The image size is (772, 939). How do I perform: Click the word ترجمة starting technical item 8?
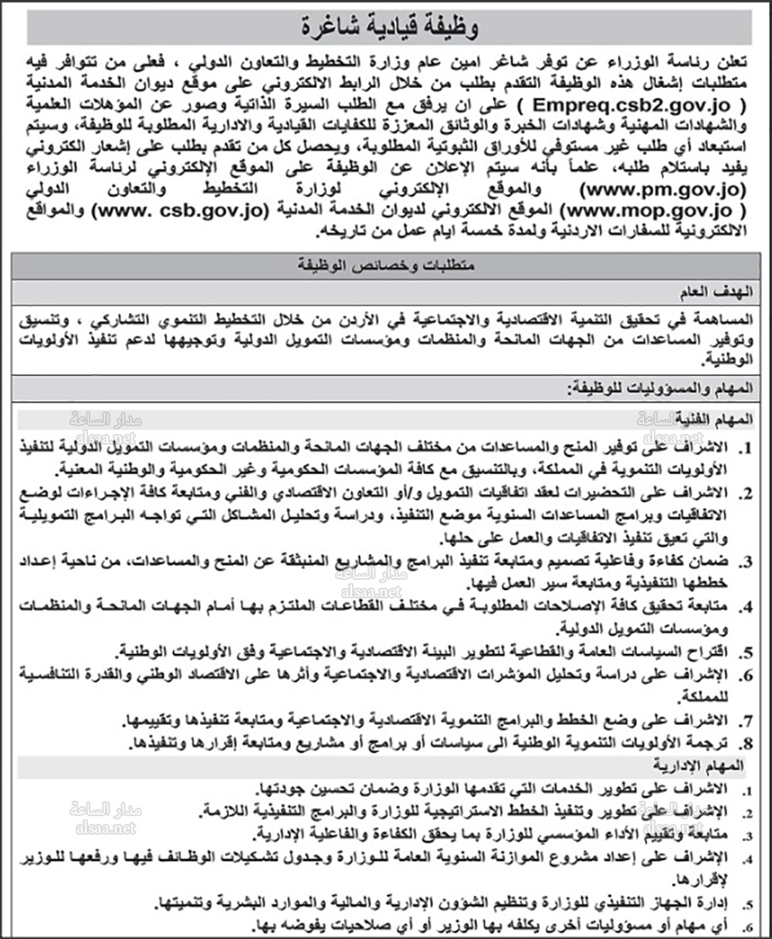[717, 743]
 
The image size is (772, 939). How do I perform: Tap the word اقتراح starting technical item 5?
[715, 651]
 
